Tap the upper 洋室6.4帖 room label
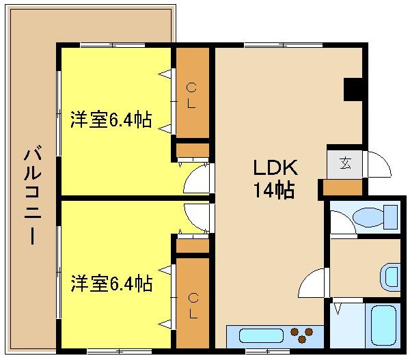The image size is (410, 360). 111,120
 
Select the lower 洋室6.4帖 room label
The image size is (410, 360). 111,282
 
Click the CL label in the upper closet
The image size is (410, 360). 192,95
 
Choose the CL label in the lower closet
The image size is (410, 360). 193,305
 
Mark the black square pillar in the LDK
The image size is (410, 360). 354,89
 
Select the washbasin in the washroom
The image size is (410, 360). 389,277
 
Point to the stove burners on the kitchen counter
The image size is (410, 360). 305,335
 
